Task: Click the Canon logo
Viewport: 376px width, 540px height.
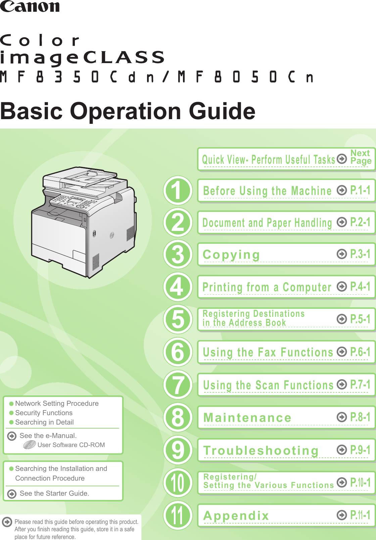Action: [30, 7]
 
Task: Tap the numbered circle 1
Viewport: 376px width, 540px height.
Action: [178, 190]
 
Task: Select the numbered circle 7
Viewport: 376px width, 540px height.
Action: [178, 385]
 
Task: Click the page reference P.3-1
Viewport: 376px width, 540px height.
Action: [360, 254]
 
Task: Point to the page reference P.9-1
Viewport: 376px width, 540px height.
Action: [360, 450]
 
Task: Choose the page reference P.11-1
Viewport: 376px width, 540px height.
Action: [360, 515]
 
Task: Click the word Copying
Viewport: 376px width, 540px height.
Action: [231, 255]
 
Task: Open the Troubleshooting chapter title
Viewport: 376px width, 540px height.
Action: [261, 450]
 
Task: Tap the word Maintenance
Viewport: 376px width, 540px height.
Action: [247, 418]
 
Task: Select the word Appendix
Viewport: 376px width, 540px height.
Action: [236, 516]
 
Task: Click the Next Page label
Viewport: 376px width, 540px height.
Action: [361, 157]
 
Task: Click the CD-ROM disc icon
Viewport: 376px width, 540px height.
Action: [30, 445]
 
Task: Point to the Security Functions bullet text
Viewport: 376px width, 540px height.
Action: [44, 413]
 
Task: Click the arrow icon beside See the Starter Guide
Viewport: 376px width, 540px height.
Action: [12, 494]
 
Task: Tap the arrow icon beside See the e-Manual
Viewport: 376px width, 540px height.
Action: [12, 436]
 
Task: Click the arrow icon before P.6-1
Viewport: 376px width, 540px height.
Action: [342, 352]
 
